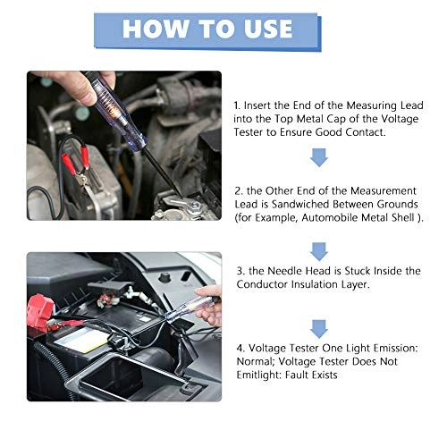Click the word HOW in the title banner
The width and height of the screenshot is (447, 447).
coord(156,29)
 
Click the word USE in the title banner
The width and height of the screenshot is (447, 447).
coord(264,29)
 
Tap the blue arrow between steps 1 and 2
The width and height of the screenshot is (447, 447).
coord(319,157)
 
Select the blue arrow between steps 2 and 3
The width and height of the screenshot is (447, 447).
coord(319,251)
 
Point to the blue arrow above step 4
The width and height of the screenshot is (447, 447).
coord(319,329)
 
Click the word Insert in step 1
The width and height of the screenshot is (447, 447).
coord(257,105)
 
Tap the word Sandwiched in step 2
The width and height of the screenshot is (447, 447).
coord(300,204)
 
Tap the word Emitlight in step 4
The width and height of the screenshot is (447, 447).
coord(259,375)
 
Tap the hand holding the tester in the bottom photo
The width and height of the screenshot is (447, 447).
coord(208,306)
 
